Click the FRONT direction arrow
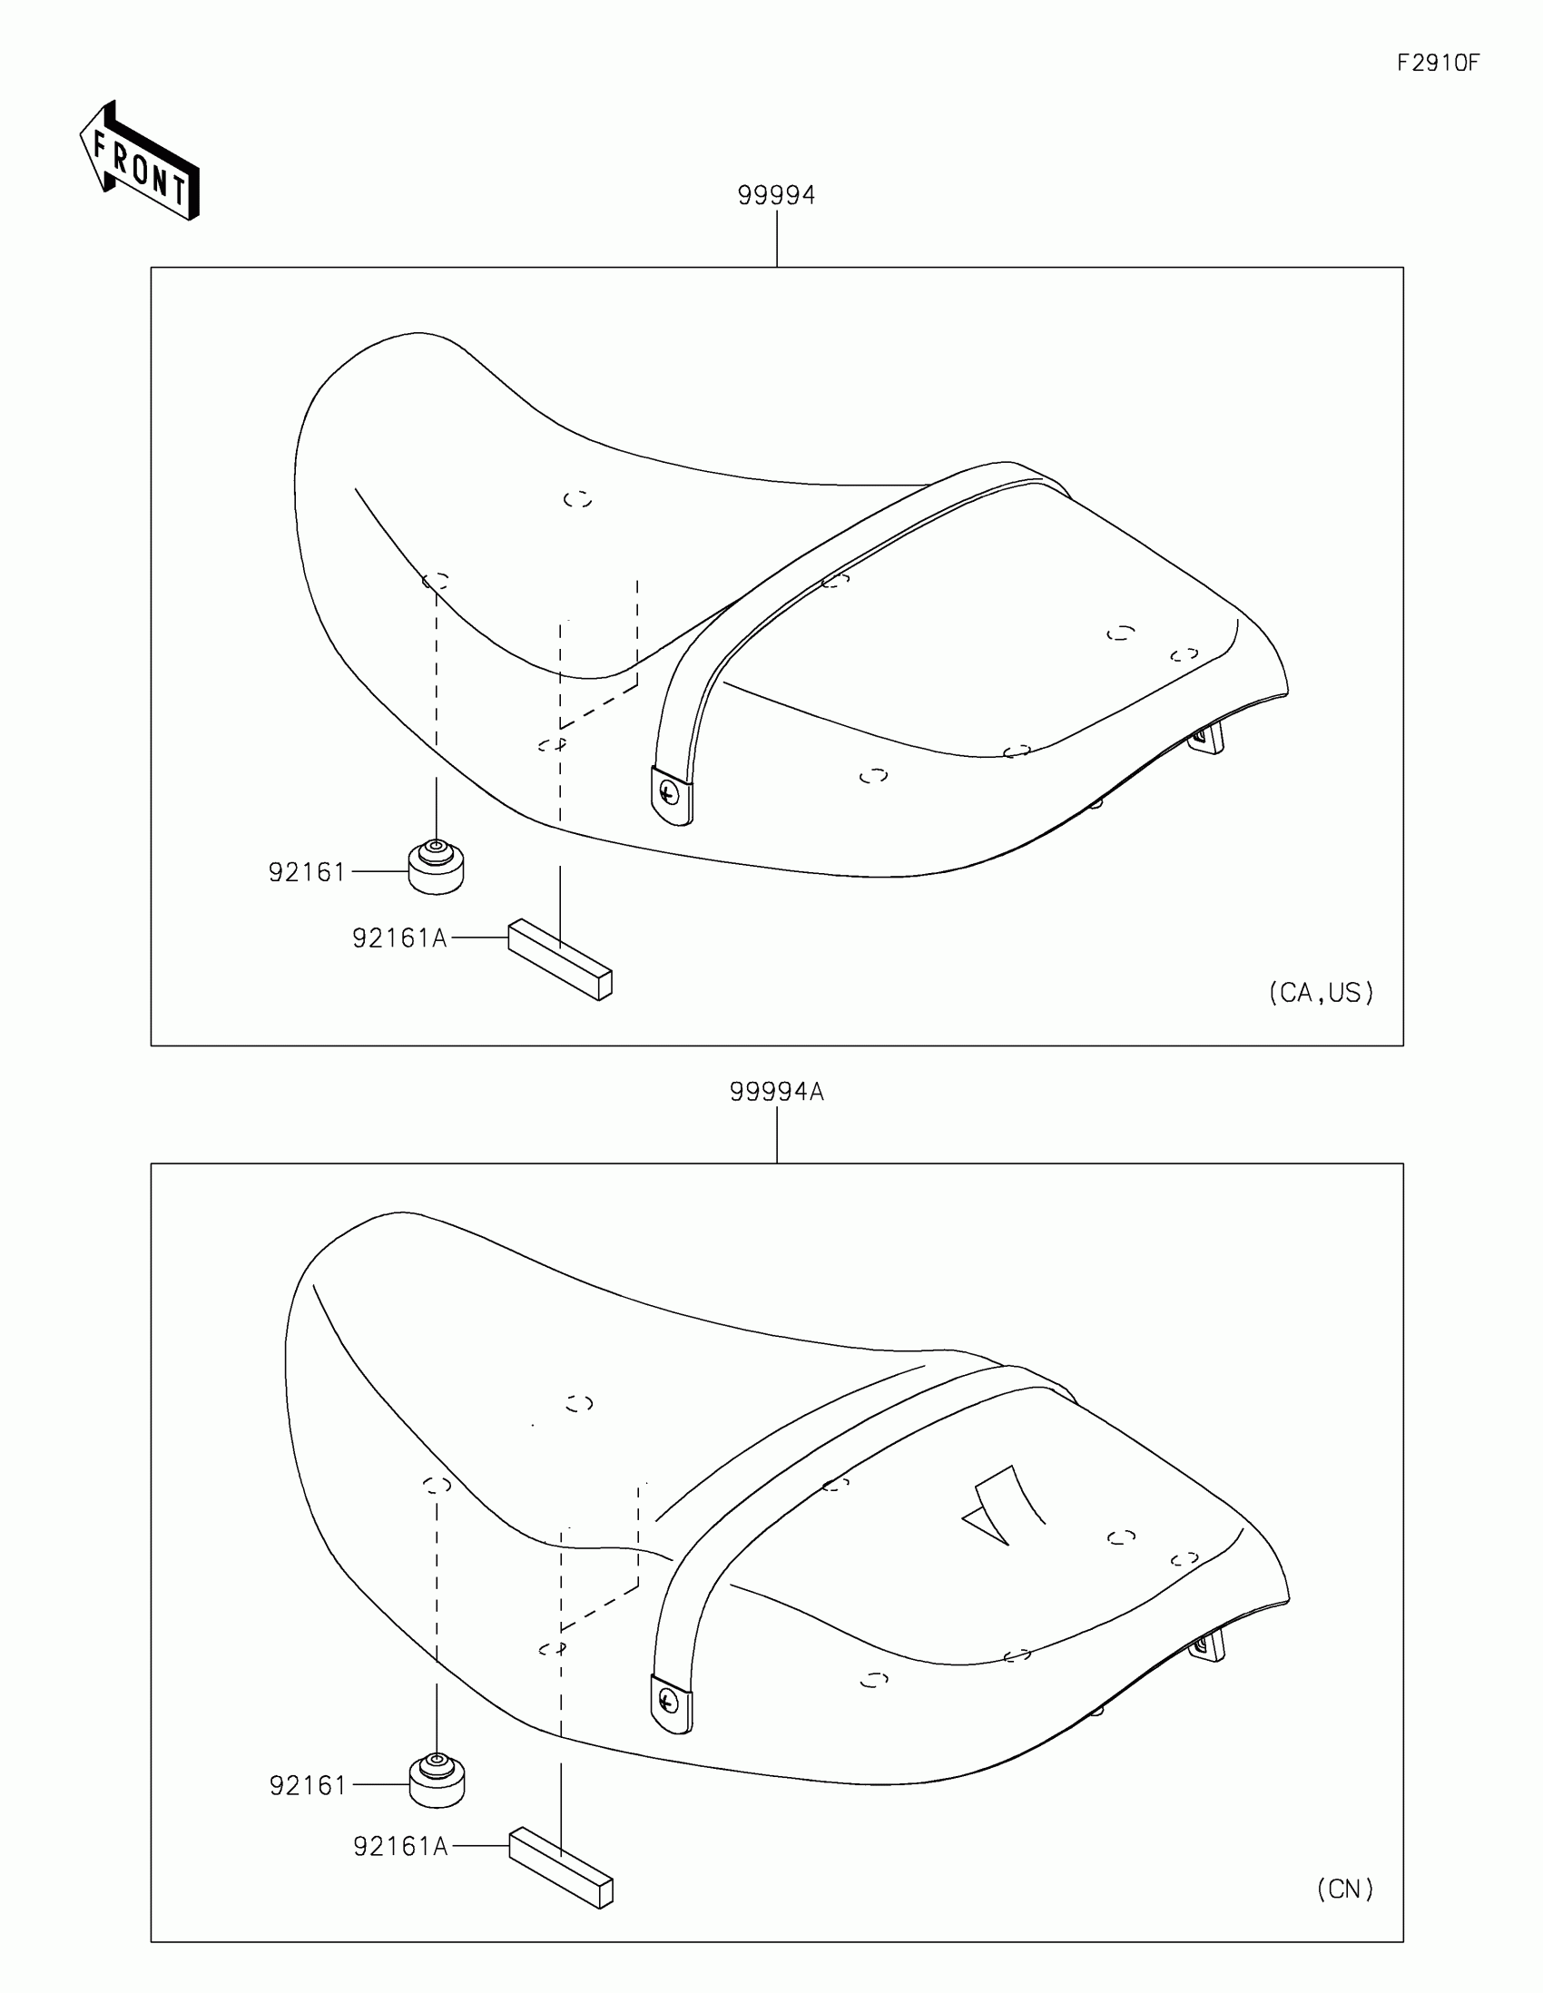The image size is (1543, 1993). (140, 162)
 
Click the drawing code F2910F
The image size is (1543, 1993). (1438, 63)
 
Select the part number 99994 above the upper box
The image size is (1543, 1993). (776, 195)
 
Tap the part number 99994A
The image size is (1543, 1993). (777, 1093)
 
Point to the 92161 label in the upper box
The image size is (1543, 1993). (307, 872)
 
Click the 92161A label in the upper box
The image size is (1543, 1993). (399, 938)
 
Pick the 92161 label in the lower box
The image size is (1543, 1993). (308, 1786)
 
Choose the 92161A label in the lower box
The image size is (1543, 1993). (400, 1847)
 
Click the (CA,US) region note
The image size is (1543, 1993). (1322, 993)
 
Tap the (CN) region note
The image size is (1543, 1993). (1345, 1889)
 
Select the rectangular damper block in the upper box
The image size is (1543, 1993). (559, 959)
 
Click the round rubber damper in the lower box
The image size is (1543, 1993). (437, 1782)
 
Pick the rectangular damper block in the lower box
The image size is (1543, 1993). (560, 1867)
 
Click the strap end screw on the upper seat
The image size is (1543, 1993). (671, 793)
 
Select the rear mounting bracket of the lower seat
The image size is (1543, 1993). (1209, 1645)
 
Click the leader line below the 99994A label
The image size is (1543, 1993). (777, 1134)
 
